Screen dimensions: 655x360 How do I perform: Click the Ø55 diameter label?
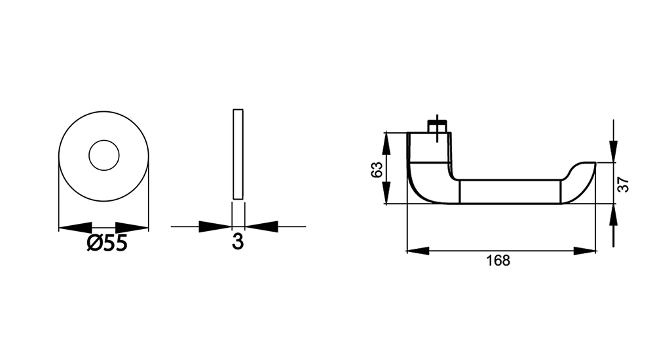(107, 243)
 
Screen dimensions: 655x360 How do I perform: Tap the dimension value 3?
(238, 242)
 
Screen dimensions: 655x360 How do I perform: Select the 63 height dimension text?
(377, 170)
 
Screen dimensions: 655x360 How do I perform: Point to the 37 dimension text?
(623, 184)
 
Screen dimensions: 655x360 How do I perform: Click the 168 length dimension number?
(498, 261)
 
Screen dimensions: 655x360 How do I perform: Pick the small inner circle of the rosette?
(104, 155)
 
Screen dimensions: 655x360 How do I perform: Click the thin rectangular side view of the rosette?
(238, 154)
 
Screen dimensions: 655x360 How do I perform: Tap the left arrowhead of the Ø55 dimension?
(75, 228)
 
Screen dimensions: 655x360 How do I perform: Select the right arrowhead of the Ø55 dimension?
(132, 228)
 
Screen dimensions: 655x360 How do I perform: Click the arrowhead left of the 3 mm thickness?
(215, 226)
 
